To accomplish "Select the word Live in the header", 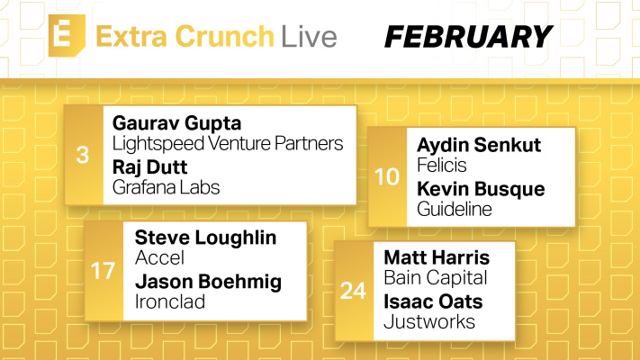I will click(x=308, y=38).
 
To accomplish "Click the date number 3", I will click(x=83, y=154).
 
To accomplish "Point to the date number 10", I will click(x=387, y=176).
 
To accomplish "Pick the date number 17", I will click(x=104, y=270).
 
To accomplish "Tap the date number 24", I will click(x=353, y=291).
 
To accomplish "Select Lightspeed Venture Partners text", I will click(x=228, y=143).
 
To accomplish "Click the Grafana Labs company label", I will click(x=167, y=187).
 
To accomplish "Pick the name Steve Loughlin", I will click(x=205, y=238).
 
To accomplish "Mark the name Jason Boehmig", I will click(x=208, y=282).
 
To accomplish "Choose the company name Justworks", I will click(x=429, y=321).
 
